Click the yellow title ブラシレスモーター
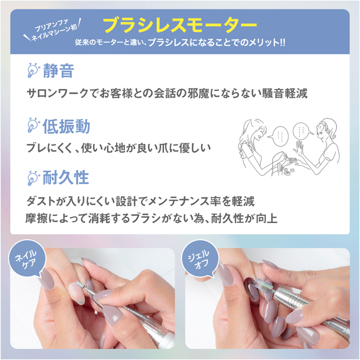coord(180,25)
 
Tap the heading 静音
coord(59,71)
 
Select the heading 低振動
coord(66,127)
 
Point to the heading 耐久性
coord(66,177)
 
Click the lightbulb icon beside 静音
coord(33,70)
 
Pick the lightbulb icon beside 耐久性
coord(33,178)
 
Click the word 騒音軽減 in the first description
coord(285,94)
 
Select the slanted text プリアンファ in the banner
coord(51,26)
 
